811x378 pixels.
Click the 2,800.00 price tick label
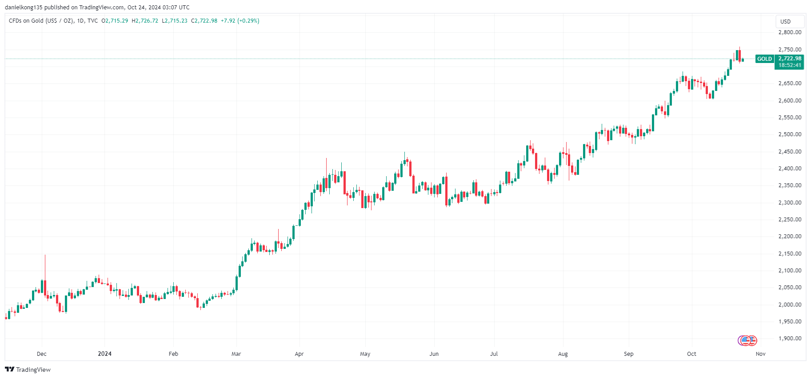[x=790, y=32]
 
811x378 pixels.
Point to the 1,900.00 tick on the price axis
[x=790, y=339]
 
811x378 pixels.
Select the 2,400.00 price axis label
[x=790, y=169]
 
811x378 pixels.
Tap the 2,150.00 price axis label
[x=790, y=254]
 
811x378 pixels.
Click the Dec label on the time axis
[x=42, y=354]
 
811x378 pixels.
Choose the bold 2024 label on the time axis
[x=104, y=354]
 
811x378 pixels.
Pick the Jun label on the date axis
[x=434, y=354]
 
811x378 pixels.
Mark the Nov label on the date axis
[x=761, y=354]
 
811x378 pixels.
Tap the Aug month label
[x=563, y=354]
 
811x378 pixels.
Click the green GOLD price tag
[x=764, y=59]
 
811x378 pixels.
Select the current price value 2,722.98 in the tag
[x=790, y=59]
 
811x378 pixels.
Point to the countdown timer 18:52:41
[x=790, y=65]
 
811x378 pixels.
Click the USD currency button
[x=786, y=21]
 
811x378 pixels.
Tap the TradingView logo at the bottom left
[x=28, y=370]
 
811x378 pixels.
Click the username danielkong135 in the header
[x=24, y=8]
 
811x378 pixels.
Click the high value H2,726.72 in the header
[x=145, y=21]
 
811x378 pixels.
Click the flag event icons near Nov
[x=747, y=341]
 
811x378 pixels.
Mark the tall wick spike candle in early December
[x=45, y=271]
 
